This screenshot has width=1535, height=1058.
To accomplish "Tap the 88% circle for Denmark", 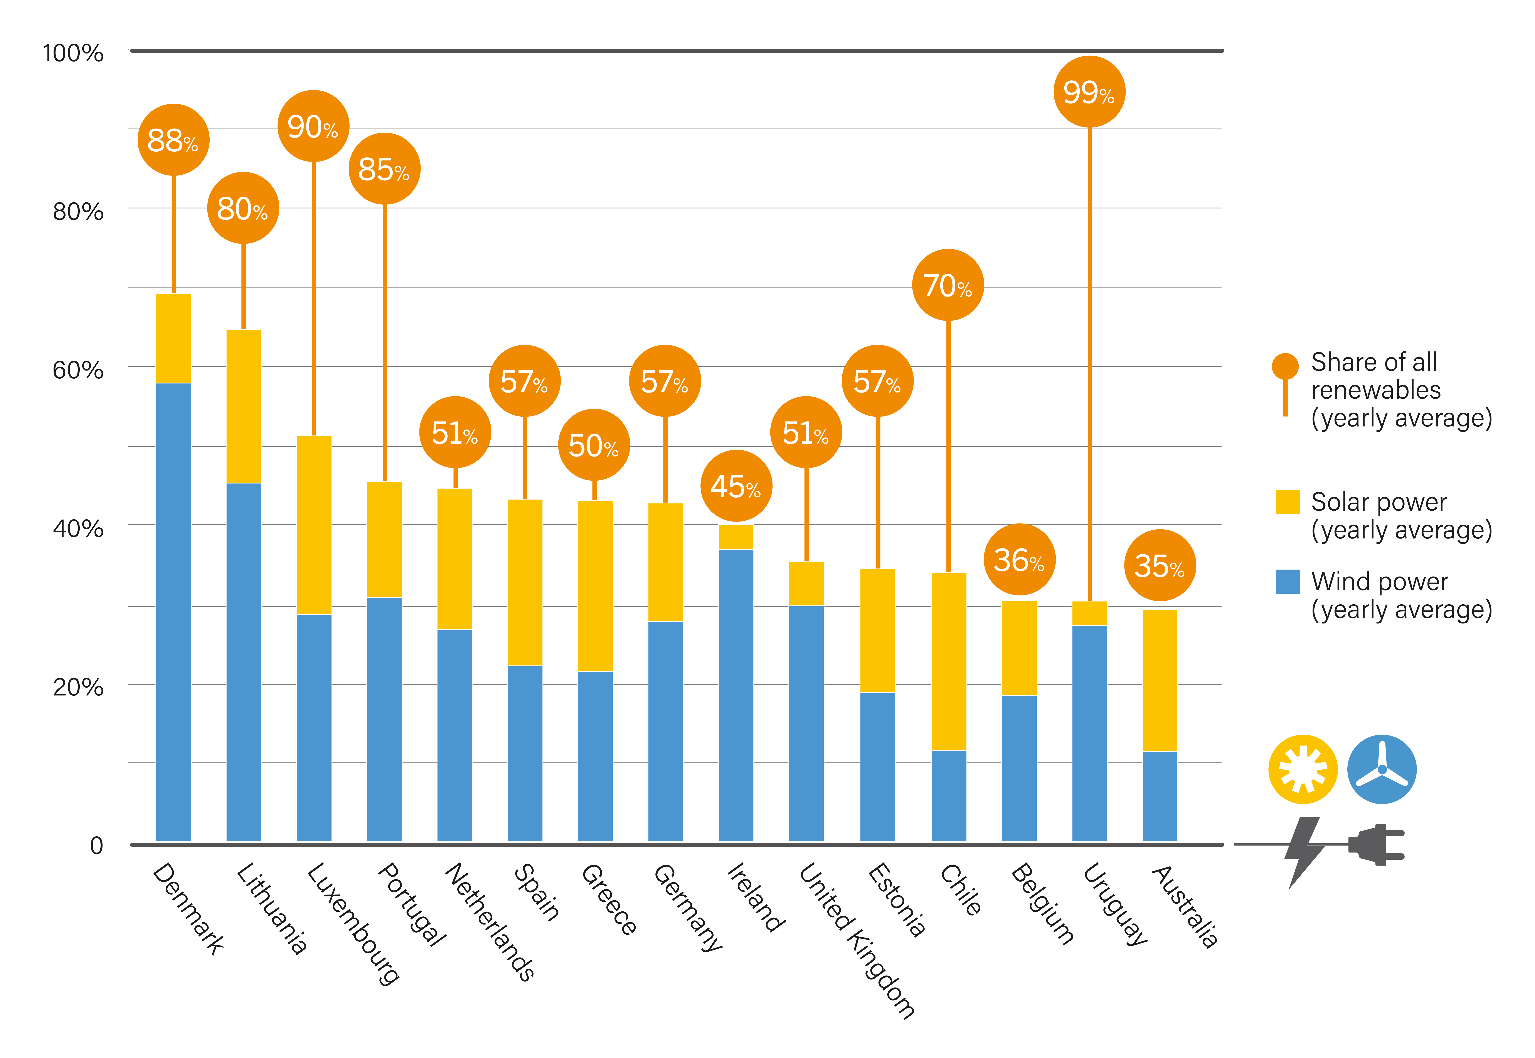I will tap(173, 140).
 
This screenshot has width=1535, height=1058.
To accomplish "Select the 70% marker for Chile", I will tap(948, 285).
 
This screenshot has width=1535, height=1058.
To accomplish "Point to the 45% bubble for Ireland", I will tap(736, 486).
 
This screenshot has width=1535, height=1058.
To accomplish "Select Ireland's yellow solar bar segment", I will tap(736, 537).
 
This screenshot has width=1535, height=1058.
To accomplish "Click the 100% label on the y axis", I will tap(73, 53).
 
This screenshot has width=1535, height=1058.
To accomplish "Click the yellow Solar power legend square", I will tap(1287, 502).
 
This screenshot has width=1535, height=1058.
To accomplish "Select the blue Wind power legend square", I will tap(1287, 581).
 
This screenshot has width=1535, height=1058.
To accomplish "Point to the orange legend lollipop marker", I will tap(1285, 367).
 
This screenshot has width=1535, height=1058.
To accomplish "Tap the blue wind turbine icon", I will tap(1382, 769).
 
